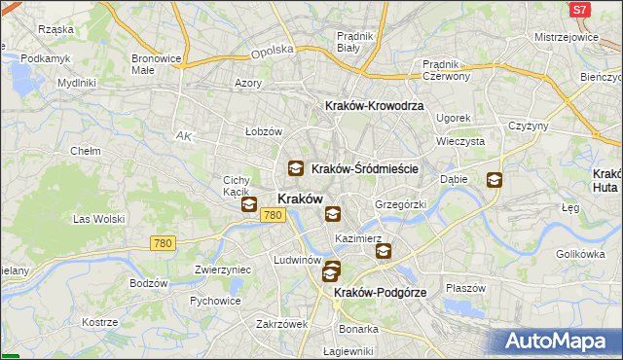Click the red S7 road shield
point(580,10)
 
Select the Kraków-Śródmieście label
point(365,168)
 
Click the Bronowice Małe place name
point(157,63)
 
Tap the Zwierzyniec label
point(223,270)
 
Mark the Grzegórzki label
point(401,204)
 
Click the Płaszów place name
point(465,288)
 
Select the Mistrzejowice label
point(566,37)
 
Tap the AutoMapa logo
point(559,342)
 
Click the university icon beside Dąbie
point(495,179)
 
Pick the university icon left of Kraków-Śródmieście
point(295,168)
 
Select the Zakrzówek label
point(282,324)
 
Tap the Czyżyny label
point(530,126)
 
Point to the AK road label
point(182,136)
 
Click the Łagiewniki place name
point(348,351)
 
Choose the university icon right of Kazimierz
point(384,250)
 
